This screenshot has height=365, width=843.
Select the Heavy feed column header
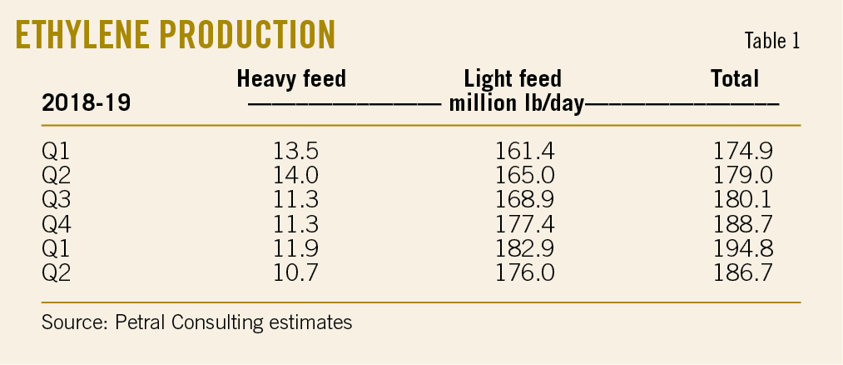coord(291,79)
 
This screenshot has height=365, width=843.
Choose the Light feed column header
coord(513,79)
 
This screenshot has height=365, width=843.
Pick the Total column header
coord(735,79)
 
